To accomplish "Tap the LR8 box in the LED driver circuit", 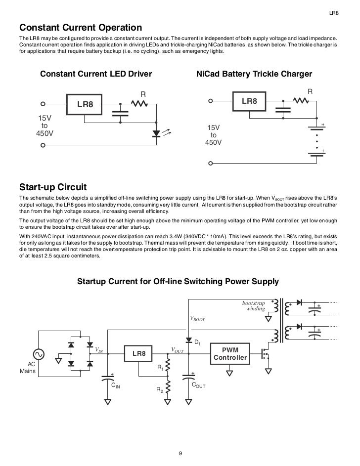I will pos(85,104).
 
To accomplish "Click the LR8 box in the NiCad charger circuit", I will pos(249,101).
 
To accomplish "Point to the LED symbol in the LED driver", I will pos(157,133).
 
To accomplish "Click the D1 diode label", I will pos(196,342).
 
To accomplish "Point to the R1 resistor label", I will pos(160,368).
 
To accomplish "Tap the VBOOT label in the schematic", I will pos(197,319).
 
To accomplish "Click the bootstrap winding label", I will pos(254,305).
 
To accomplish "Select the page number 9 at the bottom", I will pos(180,454).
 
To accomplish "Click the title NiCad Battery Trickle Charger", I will pos(254,74).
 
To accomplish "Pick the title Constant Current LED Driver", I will pos(95,74).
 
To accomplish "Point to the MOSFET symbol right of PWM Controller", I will pos(267,354).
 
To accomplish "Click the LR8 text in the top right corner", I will pos(334,12).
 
